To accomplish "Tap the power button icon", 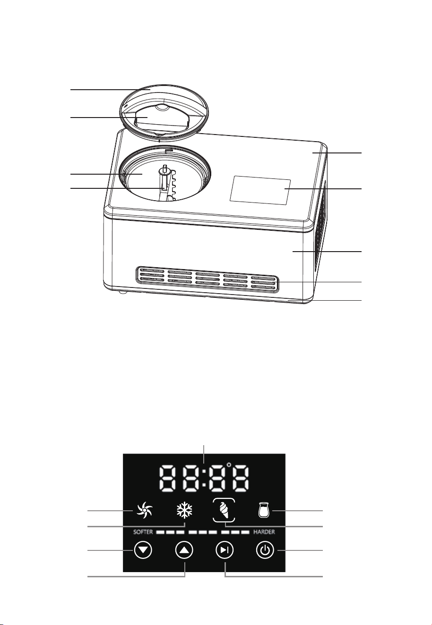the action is pyautogui.click(x=265, y=550).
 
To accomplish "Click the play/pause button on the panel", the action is pyautogui.click(x=225, y=550).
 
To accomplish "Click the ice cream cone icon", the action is pyautogui.click(x=224, y=510).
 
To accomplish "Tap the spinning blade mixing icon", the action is pyautogui.click(x=144, y=511).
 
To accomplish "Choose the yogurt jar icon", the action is pyautogui.click(x=263, y=510).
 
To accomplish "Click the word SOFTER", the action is pyautogui.click(x=143, y=532).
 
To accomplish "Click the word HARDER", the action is pyautogui.click(x=264, y=532).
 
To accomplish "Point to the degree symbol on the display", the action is pyautogui.click(x=229, y=465).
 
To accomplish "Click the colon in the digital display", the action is pyautogui.click(x=204, y=479).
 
